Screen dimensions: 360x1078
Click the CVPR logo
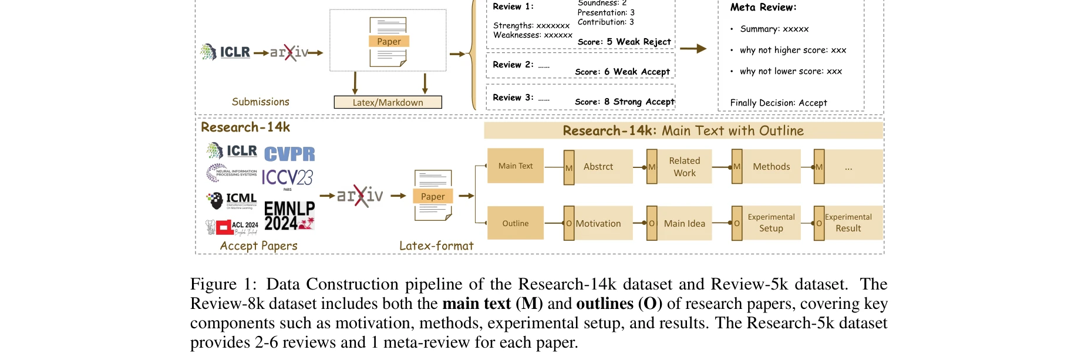(289, 154)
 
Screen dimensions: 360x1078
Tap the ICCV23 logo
(287, 177)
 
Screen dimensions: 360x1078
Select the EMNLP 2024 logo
(289, 216)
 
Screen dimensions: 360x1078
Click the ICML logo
(233, 200)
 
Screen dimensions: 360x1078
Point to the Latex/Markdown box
(388, 102)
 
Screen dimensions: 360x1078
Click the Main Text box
(516, 166)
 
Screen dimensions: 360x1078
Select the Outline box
(516, 223)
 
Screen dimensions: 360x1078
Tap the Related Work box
(684, 167)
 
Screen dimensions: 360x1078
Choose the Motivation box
(598, 223)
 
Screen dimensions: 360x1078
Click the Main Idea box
(684, 223)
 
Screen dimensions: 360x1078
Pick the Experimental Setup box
(771, 223)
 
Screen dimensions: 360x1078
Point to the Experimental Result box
(848, 223)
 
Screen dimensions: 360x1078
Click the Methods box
(771, 167)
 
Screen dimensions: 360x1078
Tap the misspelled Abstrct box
(598, 167)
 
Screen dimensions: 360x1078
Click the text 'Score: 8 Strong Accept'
(625, 102)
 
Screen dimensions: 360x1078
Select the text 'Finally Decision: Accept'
(779, 103)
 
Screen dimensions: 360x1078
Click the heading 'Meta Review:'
(763, 8)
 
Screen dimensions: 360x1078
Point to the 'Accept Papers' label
(258, 246)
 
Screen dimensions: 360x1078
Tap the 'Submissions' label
(260, 102)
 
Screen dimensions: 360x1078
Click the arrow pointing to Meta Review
(693, 49)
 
